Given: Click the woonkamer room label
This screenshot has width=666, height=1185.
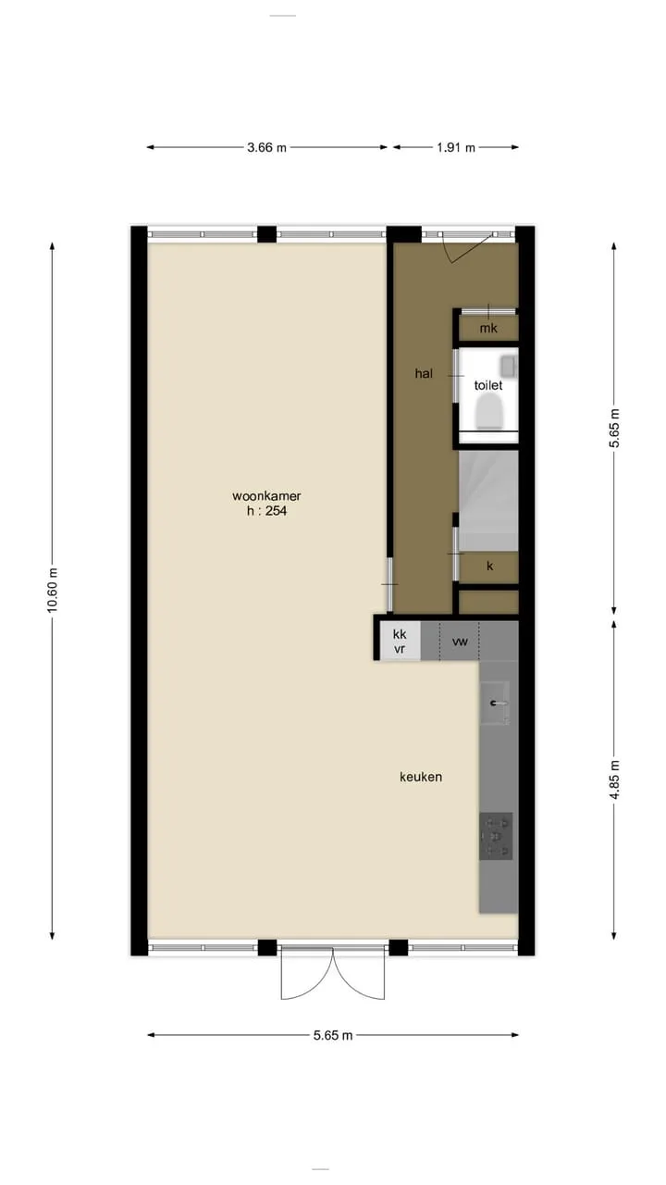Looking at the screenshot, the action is (266, 496).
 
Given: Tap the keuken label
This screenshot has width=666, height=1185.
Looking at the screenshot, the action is (421, 777).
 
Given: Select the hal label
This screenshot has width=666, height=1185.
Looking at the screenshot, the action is (424, 373).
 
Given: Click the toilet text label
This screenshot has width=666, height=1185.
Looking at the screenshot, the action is (487, 385).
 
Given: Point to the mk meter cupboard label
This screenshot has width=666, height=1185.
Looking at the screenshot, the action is (488, 329).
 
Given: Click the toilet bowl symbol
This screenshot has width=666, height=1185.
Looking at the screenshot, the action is (488, 414).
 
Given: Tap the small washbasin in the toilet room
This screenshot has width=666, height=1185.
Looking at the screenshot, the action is (509, 365).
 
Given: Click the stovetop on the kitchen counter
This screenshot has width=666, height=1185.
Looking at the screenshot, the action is (496, 836).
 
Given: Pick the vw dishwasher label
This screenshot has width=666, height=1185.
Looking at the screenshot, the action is (460, 642).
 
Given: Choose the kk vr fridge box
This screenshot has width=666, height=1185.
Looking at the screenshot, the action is (400, 642).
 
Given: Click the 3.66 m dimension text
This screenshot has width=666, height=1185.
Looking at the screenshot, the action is (266, 147).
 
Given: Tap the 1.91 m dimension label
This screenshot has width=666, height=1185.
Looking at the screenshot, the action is (456, 147).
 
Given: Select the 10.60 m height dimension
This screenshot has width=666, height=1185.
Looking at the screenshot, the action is (52, 590).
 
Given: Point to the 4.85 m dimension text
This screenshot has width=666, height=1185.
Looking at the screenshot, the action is (614, 780).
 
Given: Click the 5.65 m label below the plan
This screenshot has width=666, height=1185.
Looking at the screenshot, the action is (333, 1035).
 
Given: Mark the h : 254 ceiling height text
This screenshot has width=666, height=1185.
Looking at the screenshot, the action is (266, 511).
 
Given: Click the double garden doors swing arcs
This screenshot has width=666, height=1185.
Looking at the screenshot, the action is (333, 973).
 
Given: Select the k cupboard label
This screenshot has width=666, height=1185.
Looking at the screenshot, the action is (489, 566).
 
